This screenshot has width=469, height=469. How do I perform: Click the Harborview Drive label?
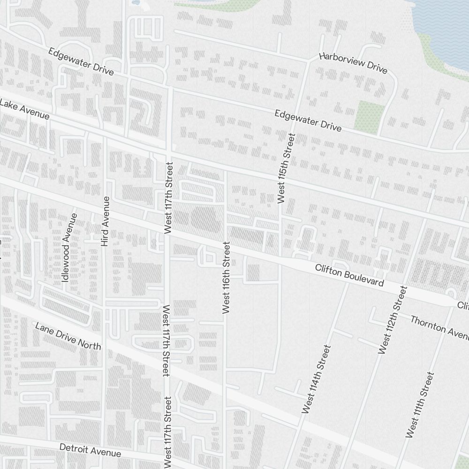[x=353, y=63]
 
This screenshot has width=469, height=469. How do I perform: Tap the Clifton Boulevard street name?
[x=349, y=276]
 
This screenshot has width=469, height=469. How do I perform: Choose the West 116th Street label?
[x=227, y=277]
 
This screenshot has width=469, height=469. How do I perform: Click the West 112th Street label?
[x=392, y=319]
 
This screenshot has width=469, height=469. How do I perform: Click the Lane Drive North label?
[x=68, y=336]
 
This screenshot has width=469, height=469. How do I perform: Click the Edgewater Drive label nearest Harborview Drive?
[x=308, y=121]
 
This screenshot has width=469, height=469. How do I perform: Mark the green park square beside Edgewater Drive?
[x=370, y=115]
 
